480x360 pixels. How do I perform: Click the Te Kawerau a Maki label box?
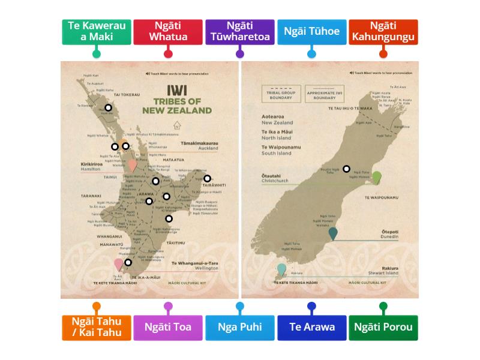(x=96, y=31)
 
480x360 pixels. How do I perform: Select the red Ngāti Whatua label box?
(x=168, y=31)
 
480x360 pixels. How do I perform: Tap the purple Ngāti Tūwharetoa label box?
(x=240, y=31)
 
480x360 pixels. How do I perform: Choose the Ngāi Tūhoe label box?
(x=311, y=31)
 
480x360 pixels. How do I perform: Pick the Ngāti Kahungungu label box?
(x=383, y=31)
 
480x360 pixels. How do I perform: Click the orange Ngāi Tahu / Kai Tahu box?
(x=96, y=328)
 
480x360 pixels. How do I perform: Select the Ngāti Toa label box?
(x=168, y=328)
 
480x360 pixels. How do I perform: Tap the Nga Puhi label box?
(x=240, y=328)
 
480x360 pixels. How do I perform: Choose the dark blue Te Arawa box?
(x=311, y=328)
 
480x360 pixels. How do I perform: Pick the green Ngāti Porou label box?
(x=383, y=328)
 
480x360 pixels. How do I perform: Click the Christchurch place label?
(x=275, y=181)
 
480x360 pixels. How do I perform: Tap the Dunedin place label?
(x=389, y=237)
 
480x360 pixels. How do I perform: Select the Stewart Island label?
(x=384, y=273)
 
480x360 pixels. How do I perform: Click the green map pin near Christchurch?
(x=376, y=177)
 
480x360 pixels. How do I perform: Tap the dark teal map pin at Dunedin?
(x=333, y=233)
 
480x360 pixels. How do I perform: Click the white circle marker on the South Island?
(x=346, y=169)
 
